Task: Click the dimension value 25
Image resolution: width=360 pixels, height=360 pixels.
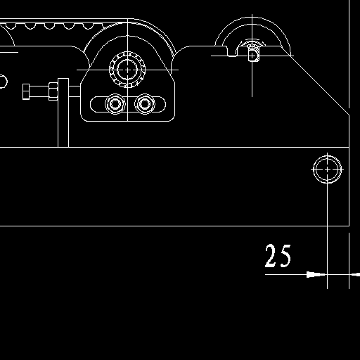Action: tap(278, 256)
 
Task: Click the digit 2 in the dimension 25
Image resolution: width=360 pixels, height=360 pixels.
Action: tap(270, 256)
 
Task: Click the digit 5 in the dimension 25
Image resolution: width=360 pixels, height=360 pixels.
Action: tap(285, 256)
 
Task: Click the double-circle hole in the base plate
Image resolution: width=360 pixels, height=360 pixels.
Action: tap(328, 169)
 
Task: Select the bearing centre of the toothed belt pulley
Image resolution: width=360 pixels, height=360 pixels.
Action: tap(127, 70)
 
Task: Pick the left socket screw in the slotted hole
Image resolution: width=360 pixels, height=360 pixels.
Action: tap(115, 104)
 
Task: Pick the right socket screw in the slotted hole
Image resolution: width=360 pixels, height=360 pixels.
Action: tap(145, 104)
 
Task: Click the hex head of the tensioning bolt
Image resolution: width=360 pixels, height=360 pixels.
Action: tap(26, 91)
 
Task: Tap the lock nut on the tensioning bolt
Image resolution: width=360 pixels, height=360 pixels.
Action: tap(53, 91)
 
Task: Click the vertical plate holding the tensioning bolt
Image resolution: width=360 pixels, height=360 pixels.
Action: tap(63, 112)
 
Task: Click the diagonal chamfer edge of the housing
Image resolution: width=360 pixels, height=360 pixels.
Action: tap(315, 80)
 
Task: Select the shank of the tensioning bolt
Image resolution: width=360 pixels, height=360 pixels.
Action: tap(39, 91)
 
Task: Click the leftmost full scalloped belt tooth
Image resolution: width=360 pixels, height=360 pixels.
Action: tap(11, 26)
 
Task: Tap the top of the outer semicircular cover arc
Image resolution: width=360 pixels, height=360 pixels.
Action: tap(252, 17)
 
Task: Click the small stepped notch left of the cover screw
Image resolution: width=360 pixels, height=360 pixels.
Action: tap(231, 52)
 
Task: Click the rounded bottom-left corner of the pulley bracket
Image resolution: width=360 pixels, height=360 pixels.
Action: tap(84, 119)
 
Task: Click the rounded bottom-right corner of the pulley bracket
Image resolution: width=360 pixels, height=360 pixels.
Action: tap(172, 119)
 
